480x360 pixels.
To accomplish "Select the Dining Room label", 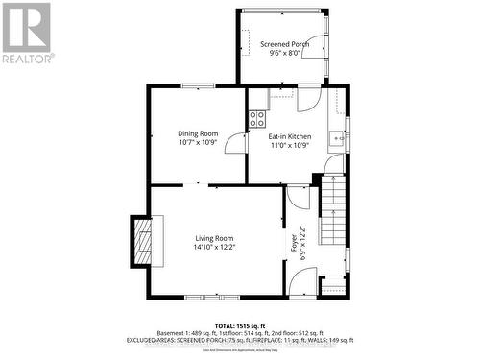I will point(198,133).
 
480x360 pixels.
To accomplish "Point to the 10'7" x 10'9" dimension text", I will point(198,143).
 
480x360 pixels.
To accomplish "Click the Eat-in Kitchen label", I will point(289,136).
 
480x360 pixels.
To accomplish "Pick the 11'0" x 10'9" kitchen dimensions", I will point(289,146).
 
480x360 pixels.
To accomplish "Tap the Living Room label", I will point(213,238).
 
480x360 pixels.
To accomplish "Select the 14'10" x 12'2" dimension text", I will point(213,248).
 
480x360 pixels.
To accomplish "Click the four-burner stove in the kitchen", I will point(257,119).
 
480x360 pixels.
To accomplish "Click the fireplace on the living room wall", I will point(141,240).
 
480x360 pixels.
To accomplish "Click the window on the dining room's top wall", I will point(198,86).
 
